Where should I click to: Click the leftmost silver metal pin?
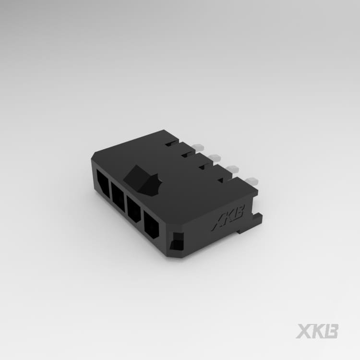tap(198, 146)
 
